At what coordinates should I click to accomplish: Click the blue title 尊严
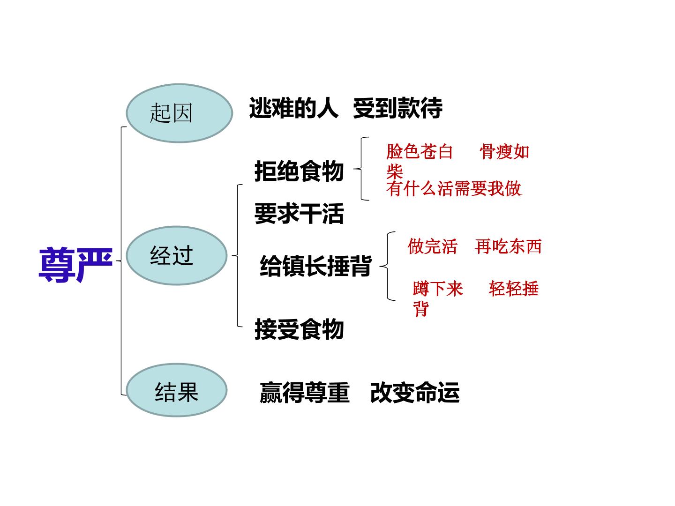click(75, 265)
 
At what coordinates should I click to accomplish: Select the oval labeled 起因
click(179, 113)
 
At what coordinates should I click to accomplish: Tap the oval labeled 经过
click(177, 256)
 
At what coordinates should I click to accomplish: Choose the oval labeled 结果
click(177, 390)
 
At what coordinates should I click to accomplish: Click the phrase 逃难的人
click(294, 108)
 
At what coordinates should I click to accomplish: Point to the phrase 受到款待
click(397, 108)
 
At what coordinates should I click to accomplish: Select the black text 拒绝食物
click(299, 171)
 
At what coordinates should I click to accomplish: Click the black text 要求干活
click(299, 213)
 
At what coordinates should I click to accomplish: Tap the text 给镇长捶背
click(315, 266)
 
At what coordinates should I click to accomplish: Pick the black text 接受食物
click(299, 329)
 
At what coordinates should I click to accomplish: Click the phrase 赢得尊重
click(304, 392)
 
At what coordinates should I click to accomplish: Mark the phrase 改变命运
click(415, 392)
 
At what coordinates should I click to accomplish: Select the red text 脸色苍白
click(420, 152)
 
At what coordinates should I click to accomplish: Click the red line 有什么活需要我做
click(454, 188)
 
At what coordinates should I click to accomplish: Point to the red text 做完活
click(432, 246)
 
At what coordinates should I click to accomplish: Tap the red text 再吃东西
click(508, 246)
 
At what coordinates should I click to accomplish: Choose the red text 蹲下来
click(438, 289)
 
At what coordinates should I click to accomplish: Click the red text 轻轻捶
click(514, 289)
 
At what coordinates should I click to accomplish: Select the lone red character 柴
click(395, 171)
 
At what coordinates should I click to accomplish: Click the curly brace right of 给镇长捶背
click(388, 266)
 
